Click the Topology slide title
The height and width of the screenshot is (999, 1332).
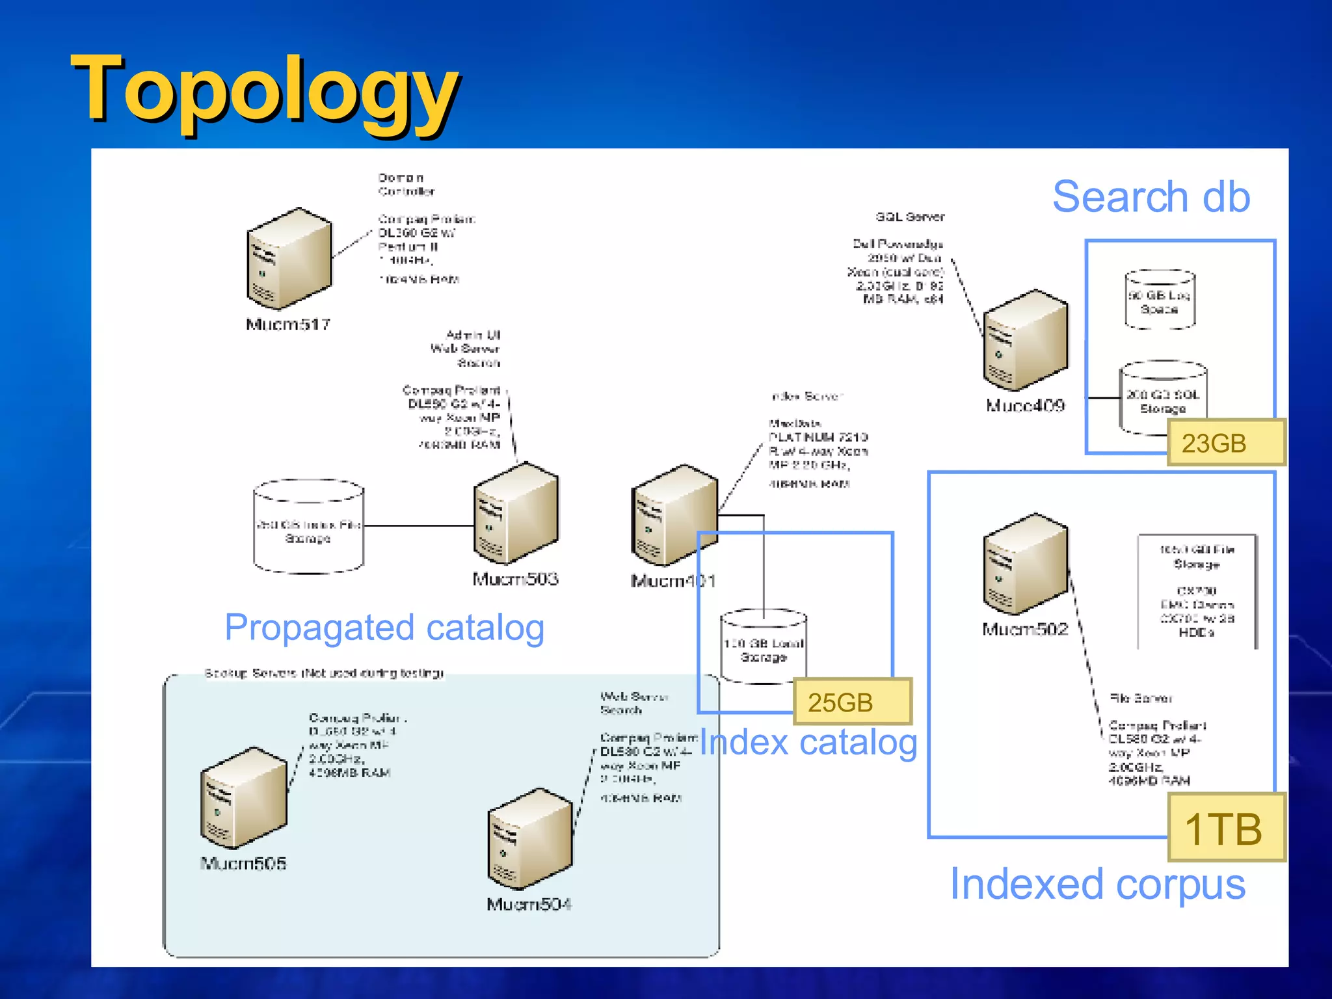(x=265, y=89)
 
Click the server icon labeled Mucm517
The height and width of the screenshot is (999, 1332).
(x=289, y=258)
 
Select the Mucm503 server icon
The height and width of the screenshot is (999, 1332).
(x=516, y=513)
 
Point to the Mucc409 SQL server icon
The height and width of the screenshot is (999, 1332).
(x=1025, y=340)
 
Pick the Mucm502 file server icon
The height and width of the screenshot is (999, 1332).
(x=1025, y=564)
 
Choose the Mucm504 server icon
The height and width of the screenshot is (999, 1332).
(x=530, y=838)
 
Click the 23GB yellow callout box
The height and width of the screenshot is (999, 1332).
(x=1225, y=443)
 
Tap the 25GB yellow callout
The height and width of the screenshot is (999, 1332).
(x=852, y=702)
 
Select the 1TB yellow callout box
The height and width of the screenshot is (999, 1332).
(x=1225, y=828)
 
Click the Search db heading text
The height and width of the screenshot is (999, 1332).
(x=1151, y=196)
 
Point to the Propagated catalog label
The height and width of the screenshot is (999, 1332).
(x=384, y=628)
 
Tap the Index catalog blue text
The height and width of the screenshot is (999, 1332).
(x=808, y=743)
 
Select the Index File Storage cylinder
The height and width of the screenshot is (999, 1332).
(x=308, y=527)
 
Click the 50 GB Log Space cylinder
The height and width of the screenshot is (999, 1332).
(x=1160, y=300)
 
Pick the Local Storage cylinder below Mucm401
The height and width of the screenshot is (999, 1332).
(x=764, y=647)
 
